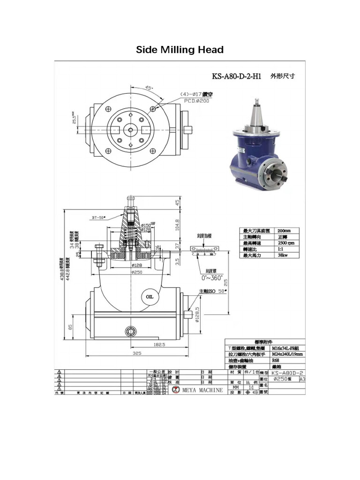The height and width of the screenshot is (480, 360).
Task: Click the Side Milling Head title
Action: point(180,50)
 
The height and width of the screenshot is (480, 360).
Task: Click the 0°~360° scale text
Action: point(211,278)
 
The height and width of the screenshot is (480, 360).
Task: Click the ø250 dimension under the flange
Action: point(136,272)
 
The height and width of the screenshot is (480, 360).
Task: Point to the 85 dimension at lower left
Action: point(70,327)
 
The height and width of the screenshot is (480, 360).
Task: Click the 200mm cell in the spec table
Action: point(284,231)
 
